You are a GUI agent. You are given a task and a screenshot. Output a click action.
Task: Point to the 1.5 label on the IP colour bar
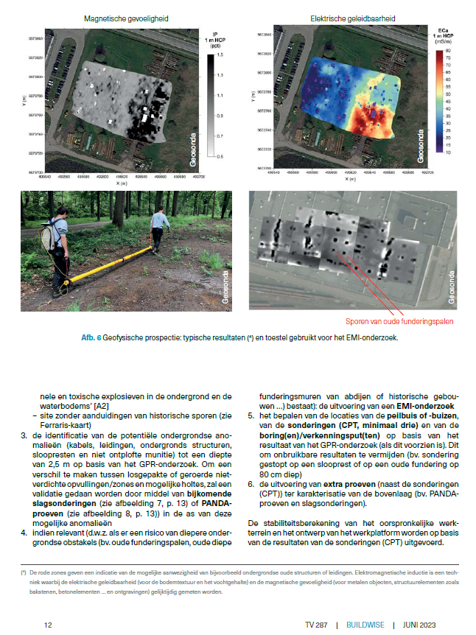tap(220, 56)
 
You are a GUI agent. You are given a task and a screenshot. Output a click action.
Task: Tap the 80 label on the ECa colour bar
tap(447, 49)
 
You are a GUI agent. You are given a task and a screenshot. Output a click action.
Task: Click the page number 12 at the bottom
tap(48, 624)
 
